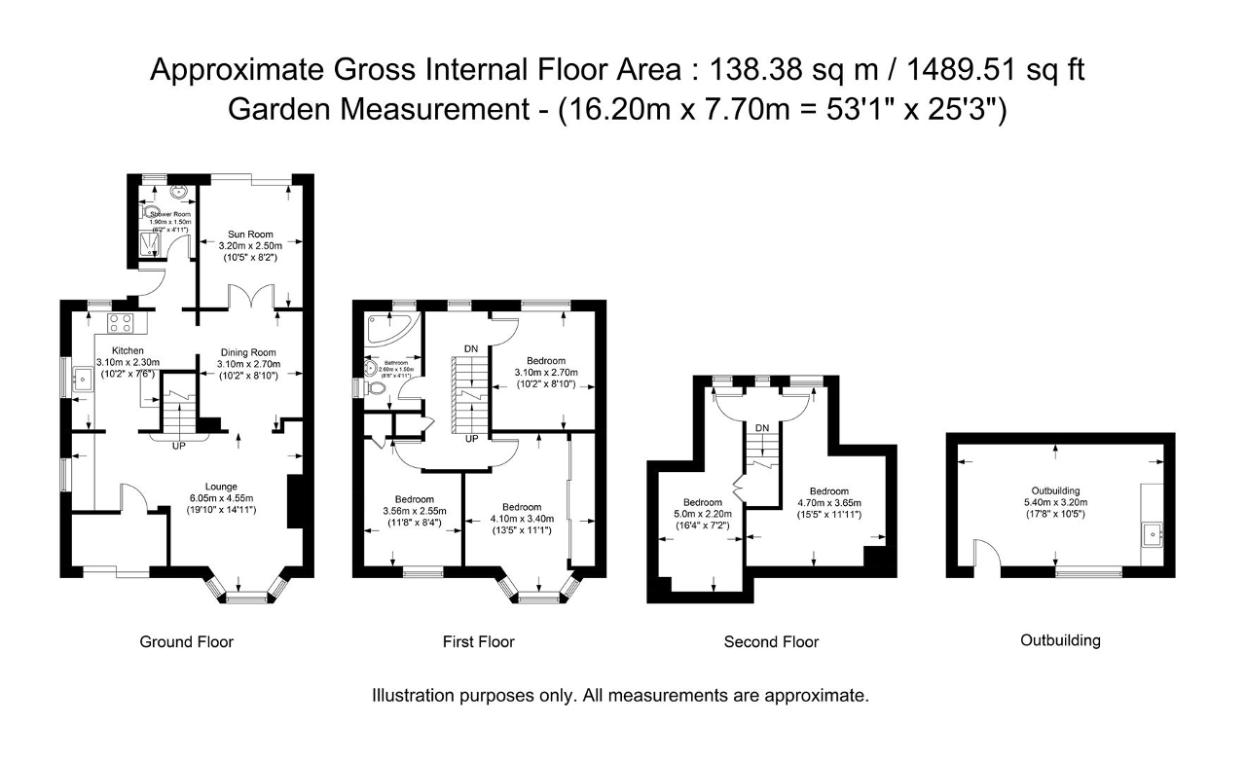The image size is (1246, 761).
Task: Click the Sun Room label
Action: pyautogui.click(x=250, y=235)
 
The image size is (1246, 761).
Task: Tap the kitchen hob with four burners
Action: pyautogui.click(x=122, y=322)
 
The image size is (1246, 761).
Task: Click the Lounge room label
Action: pyautogui.click(x=222, y=487)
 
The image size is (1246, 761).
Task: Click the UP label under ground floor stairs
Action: pyautogui.click(x=178, y=447)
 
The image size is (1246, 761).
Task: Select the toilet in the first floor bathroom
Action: pyautogui.click(x=376, y=389)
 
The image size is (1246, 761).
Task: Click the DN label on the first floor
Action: pyautogui.click(x=470, y=347)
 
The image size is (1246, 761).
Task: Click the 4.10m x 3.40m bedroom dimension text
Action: pyautogui.click(x=522, y=519)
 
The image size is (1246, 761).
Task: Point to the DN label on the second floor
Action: pyautogui.click(x=762, y=428)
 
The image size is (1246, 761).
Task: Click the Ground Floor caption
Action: pyautogui.click(x=187, y=641)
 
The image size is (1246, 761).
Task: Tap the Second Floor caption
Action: pyautogui.click(x=771, y=641)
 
